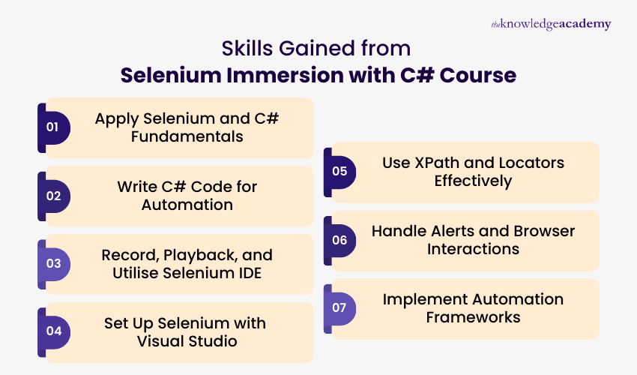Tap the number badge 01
[x=52, y=127]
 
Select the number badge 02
[x=52, y=196]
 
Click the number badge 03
[x=52, y=264]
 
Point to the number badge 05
[x=339, y=172]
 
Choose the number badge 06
[x=339, y=240]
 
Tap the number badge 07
[x=339, y=308]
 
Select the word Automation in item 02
[x=187, y=205]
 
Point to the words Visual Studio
[x=187, y=341]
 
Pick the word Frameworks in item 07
[x=473, y=317]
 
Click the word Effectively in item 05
[x=473, y=181]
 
